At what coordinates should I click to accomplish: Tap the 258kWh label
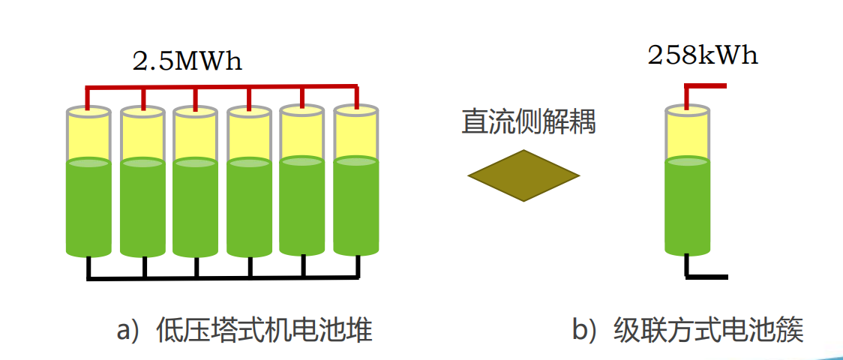[703, 55]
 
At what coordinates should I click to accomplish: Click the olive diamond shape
[523, 175]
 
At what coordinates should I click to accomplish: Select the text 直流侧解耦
[528, 121]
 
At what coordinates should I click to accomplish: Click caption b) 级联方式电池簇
[688, 331]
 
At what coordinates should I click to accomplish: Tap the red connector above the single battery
[705, 86]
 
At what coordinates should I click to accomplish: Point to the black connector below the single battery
[705, 276]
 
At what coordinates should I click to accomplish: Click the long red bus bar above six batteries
[222, 87]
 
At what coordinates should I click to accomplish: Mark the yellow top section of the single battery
[687, 135]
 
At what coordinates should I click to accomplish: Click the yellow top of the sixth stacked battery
[355, 135]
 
